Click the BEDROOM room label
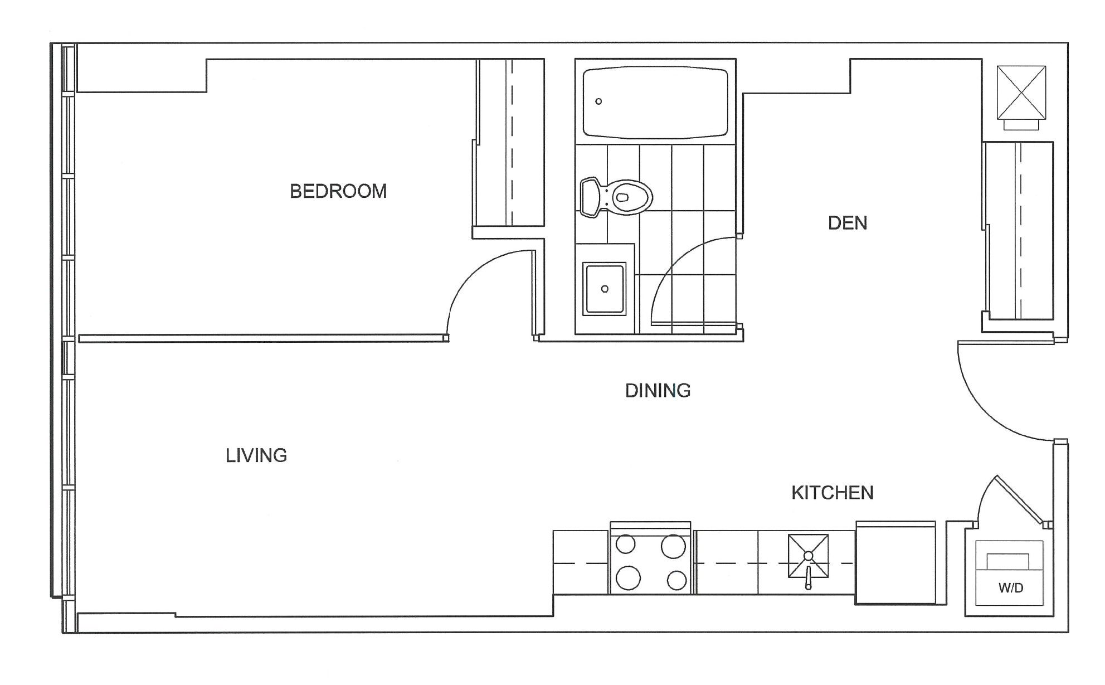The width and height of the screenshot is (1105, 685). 338,191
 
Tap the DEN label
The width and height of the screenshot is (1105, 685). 848,223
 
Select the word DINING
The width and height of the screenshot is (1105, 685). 658,390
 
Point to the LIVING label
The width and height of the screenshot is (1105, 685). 256,455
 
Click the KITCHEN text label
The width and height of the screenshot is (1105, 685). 833,493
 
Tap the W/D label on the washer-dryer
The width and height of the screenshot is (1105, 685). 1011,587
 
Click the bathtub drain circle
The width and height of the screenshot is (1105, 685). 598,101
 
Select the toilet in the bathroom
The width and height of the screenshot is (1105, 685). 616,197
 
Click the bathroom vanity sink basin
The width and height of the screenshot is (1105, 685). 605,289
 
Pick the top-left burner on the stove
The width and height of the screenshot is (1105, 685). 626,544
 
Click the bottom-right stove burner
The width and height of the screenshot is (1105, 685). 676,581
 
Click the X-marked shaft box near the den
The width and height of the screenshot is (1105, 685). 1021,93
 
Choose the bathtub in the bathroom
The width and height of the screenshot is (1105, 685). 655,103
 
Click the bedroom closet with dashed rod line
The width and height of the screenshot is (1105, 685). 510,143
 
